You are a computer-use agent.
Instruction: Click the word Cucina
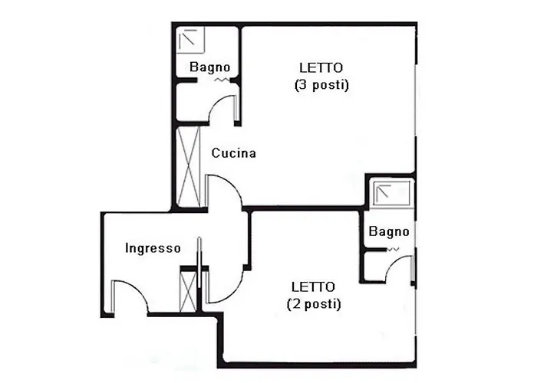point(233,153)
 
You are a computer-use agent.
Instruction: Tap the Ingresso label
point(153,248)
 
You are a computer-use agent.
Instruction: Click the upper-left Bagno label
point(209,67)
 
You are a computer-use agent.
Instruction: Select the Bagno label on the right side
point(389,231)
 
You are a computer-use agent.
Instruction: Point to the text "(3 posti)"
point(321,85)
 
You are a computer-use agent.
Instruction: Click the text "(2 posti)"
point(314,304)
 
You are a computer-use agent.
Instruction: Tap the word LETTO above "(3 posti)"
point(321,67)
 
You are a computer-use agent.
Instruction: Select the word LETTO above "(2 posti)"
point(313,286)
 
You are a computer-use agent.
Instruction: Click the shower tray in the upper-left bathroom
point(190,40)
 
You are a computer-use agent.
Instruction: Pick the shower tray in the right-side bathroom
point(392,193)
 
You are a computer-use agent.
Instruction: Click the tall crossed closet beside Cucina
point(189,166)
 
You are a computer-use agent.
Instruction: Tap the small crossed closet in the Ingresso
point(188,291)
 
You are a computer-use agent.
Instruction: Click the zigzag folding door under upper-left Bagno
point(222,80)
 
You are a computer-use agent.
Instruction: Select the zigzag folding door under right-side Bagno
point(393,250)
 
